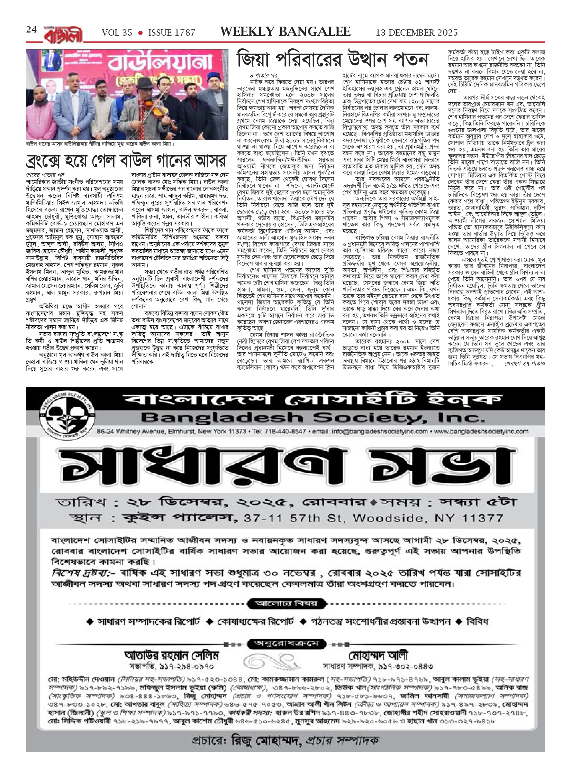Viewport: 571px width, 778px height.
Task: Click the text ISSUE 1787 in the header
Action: pos(172,33)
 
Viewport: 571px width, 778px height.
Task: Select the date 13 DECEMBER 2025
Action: pos(417,33)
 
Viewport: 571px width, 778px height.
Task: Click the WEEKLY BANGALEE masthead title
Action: pos(285,32)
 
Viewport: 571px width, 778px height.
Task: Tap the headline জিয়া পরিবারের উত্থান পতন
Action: pos(333,59)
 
